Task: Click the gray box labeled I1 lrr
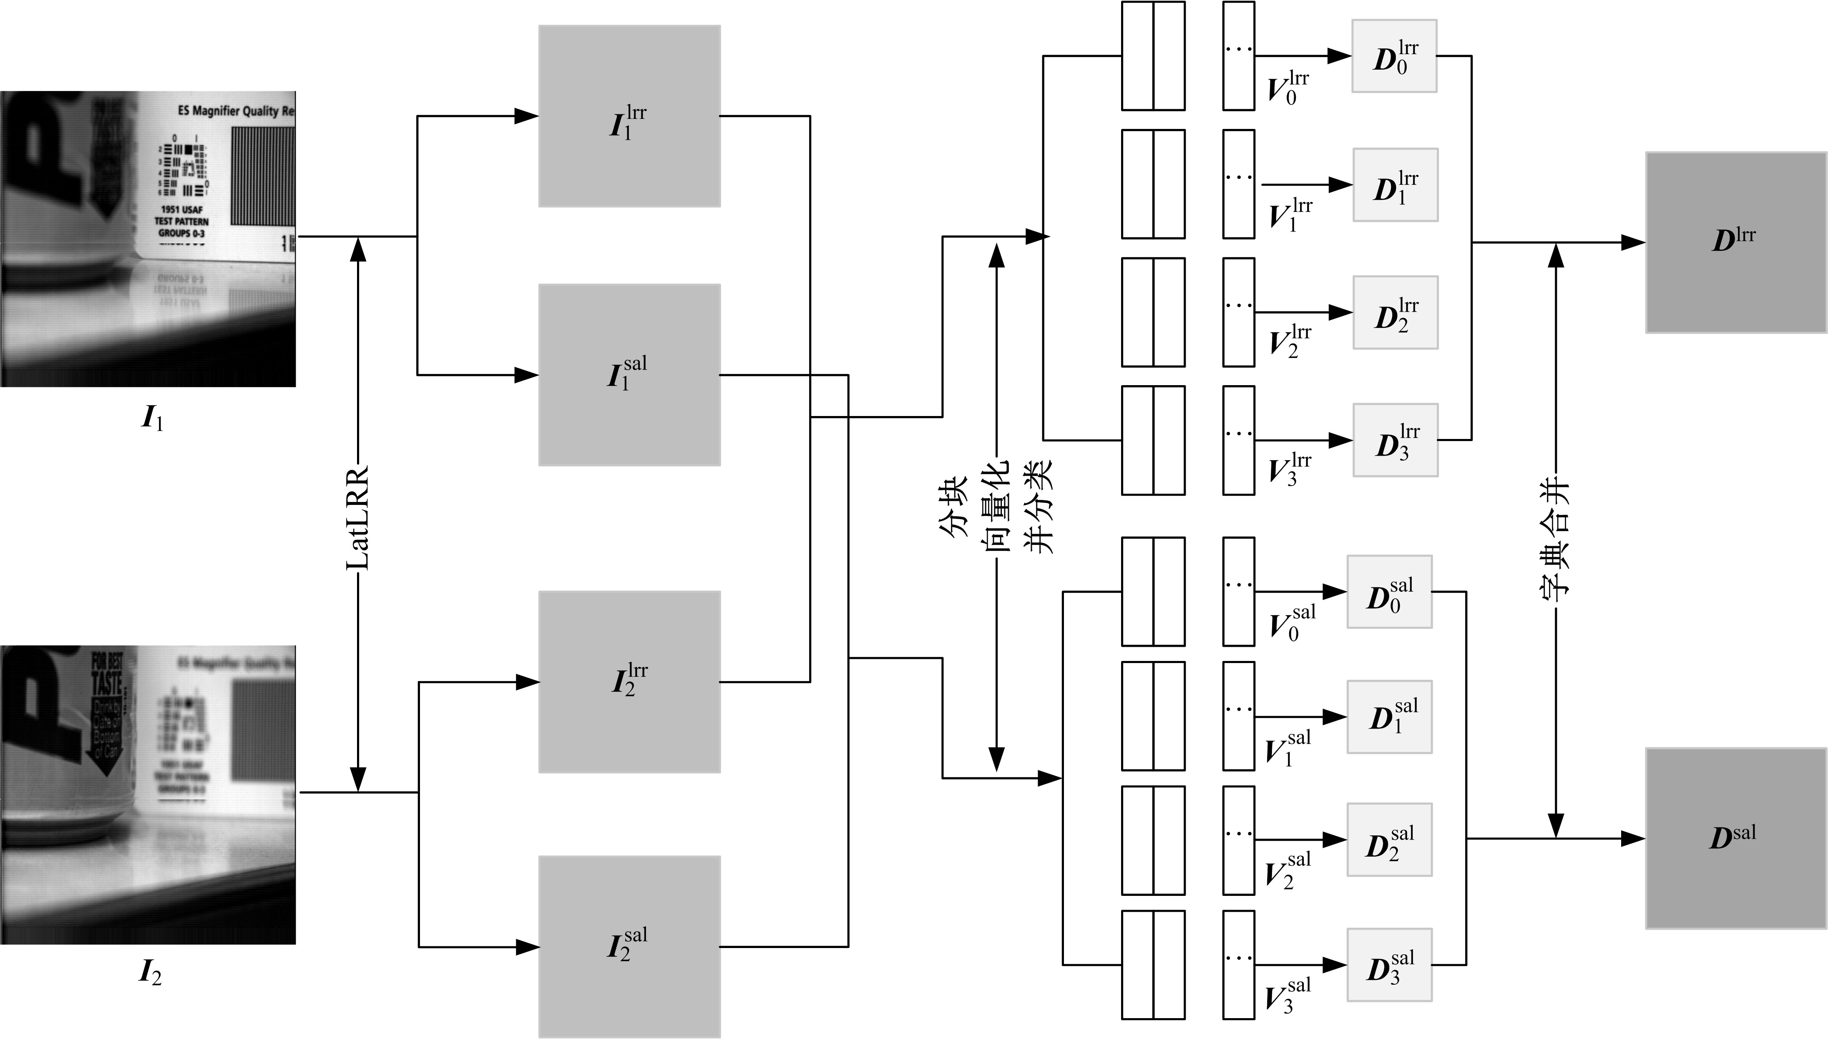tap(629, 116)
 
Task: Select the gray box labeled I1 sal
tap(629, 375)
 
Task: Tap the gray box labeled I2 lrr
tap(629, 681)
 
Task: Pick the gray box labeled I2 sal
tap(629, 946)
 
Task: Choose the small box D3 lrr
tap(1395, 440)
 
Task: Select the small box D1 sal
tap(1389, 716)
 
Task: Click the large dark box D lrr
tap(1735, 242)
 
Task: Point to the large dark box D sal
tap(1735, 838)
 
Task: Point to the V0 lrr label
tap(1287, 88)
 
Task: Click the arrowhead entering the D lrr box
tap(1633, 242)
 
